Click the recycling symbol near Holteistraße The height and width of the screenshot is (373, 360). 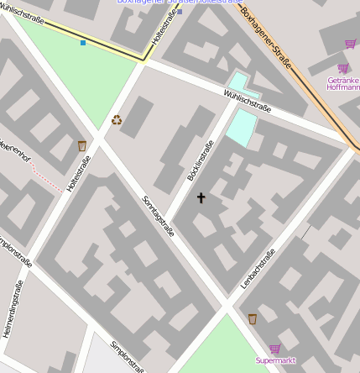[x=117, y=120]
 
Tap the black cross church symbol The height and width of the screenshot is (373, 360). [x=201, y=198]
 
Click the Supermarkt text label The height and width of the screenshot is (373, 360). [x=275, y=360]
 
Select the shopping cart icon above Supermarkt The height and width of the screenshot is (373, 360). [x=274, y=348]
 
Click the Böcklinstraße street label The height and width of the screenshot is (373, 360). [x=199, y=161]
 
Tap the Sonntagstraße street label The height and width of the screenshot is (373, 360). [x=159, y=215]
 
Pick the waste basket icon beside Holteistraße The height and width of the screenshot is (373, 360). [x=82, y=146]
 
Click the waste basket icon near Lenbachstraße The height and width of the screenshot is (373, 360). [x=253, y=318]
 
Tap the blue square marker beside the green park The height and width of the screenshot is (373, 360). [x=82, y=42]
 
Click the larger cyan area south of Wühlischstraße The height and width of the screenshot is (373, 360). [x=241, y=126]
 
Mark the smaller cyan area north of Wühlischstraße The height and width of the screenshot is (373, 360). [x=239, y=81]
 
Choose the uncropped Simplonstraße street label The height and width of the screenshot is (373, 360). [x=127, y=355]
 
